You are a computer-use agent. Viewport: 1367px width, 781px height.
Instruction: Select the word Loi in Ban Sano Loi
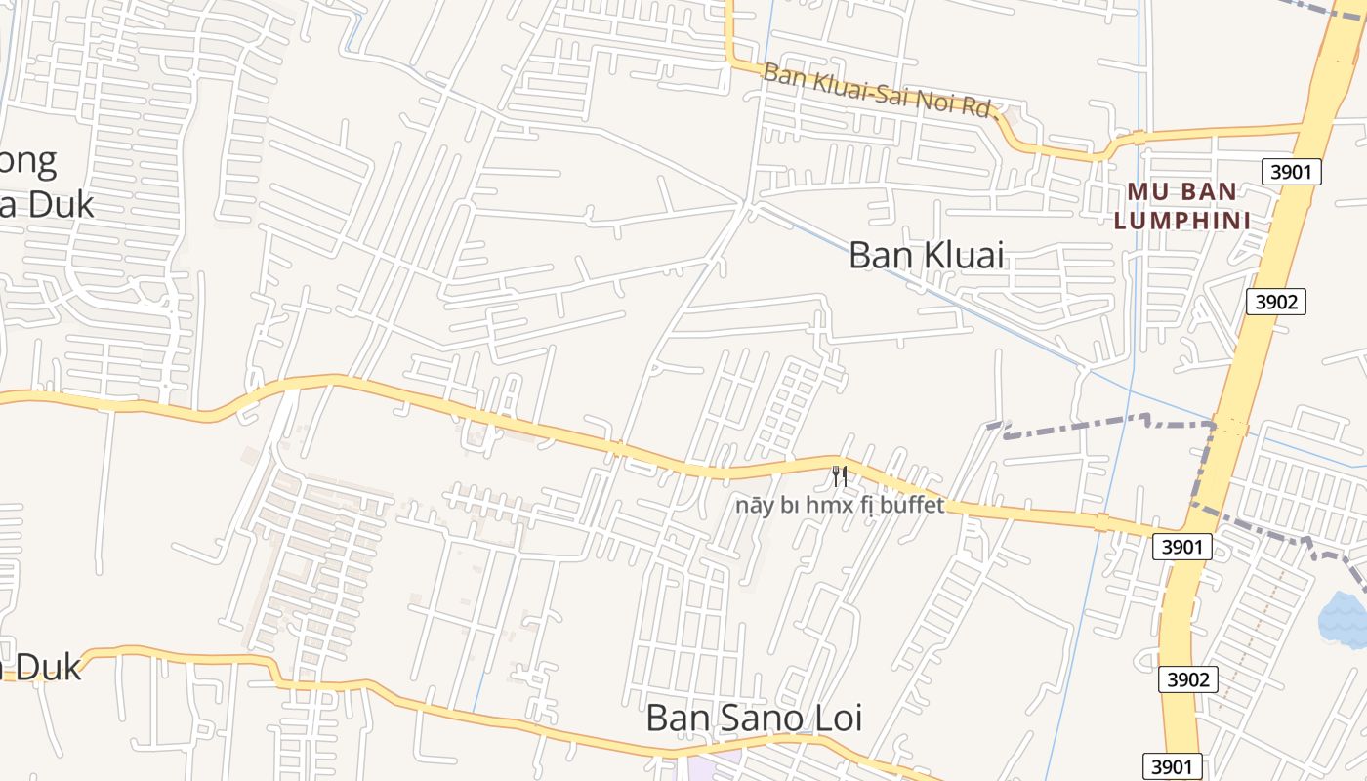(836, 719)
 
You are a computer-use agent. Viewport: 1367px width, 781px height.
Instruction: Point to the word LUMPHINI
(1182, 221)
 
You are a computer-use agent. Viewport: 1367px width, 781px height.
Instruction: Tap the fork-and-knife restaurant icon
(839, 476)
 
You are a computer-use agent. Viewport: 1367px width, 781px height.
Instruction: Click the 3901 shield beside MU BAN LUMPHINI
(1291, 173)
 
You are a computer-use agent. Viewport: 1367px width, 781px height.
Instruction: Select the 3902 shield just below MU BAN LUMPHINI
(1275, 302)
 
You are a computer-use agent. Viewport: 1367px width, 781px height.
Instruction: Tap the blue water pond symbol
(1344, 619)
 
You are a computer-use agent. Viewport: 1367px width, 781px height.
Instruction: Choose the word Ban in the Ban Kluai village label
(880, 255)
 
